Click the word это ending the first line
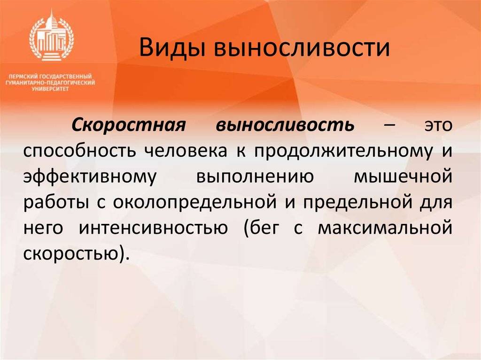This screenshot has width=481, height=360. pyautogui.click(x=436, y=126)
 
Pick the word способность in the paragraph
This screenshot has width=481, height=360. pyautogui.click(x=80, y=152)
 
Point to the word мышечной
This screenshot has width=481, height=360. pyautogui.click(x=403, y=178)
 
